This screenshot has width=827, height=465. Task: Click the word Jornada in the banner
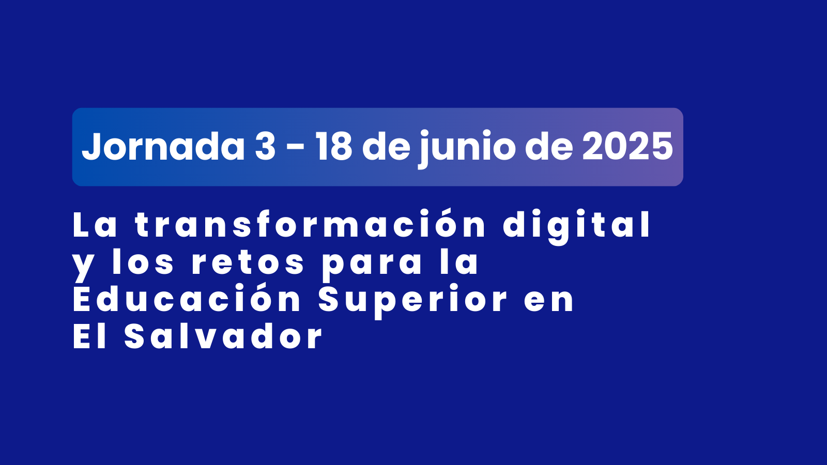click(163, 146)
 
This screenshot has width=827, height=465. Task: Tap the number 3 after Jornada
click(265, 147)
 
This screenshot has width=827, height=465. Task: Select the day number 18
click(334, 147)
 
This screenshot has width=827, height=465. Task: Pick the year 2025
click(627, 147)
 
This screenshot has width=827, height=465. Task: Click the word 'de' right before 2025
click(549, 146)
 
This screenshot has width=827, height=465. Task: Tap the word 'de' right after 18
click(386, 146)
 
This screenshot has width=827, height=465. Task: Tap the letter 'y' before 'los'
click(83, 266)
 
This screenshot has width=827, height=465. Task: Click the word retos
click(248, 262)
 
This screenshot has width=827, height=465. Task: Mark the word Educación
click(187, 298)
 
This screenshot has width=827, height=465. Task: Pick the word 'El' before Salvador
click(90, 336)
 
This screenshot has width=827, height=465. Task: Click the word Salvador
click(223, 336)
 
